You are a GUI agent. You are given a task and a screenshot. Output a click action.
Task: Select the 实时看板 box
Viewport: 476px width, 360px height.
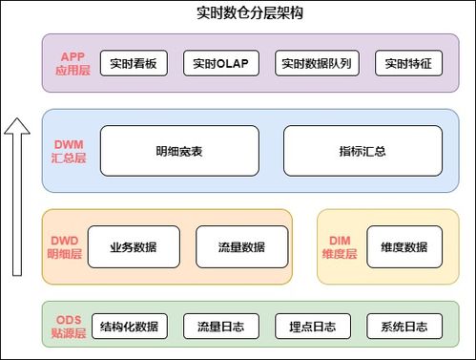[x=133, y=64]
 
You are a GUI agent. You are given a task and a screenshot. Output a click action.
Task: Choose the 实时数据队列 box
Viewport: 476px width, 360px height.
[x=316, y=64]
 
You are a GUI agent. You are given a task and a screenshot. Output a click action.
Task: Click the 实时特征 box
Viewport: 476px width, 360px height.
[x=408, y=64]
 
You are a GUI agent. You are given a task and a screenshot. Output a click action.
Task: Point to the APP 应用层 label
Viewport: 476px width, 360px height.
[x=72, y=64]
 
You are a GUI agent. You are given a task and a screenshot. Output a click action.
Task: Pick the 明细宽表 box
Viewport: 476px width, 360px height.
[x=179, y=151]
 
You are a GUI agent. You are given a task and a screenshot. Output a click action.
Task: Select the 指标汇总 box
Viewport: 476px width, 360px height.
[x=362, y=151]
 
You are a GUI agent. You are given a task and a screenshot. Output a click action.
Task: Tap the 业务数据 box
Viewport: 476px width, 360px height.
[x=134, y=247]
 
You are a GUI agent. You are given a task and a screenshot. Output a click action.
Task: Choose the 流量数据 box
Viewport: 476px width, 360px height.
[x=241, y=247]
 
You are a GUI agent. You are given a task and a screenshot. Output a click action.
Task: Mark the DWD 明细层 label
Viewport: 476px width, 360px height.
[x=66, y=247]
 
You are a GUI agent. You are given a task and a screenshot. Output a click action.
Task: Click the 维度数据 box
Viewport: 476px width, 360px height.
[x=404, y=247]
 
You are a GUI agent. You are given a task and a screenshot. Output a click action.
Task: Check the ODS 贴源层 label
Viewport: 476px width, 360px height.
[x=69, y=326]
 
